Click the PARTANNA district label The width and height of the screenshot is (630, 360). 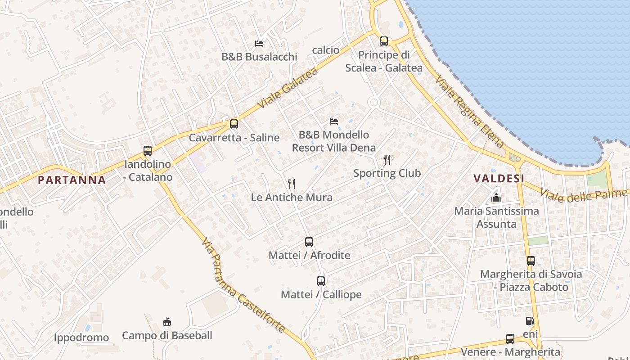coord(72,180)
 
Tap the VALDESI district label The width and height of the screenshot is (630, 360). coord(499,179)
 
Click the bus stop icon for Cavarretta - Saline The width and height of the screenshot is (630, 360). coord(234,124)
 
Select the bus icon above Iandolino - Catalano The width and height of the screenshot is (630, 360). coord(148,151)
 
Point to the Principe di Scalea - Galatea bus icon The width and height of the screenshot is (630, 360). coord(384,41)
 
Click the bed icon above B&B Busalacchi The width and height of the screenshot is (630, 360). coord(259,43)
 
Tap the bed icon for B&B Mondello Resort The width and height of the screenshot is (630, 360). coord(334,121)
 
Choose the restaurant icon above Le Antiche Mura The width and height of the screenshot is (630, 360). coord(292,184)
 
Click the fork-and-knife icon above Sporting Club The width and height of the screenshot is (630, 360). coord(387,159)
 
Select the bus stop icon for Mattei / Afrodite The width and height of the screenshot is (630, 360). coord(309,242)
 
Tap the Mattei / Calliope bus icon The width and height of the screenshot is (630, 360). coord(321,281)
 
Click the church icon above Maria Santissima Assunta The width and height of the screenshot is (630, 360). coord(496,197)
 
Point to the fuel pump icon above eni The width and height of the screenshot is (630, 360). coord(530,321)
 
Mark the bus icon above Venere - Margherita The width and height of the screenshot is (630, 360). coord(510,339)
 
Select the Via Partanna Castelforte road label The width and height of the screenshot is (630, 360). coord(243,285)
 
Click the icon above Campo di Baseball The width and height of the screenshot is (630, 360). coord(167,322)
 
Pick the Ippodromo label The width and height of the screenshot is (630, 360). coord(81,337)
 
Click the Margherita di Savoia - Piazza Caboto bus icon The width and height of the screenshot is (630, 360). coord(531,261)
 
